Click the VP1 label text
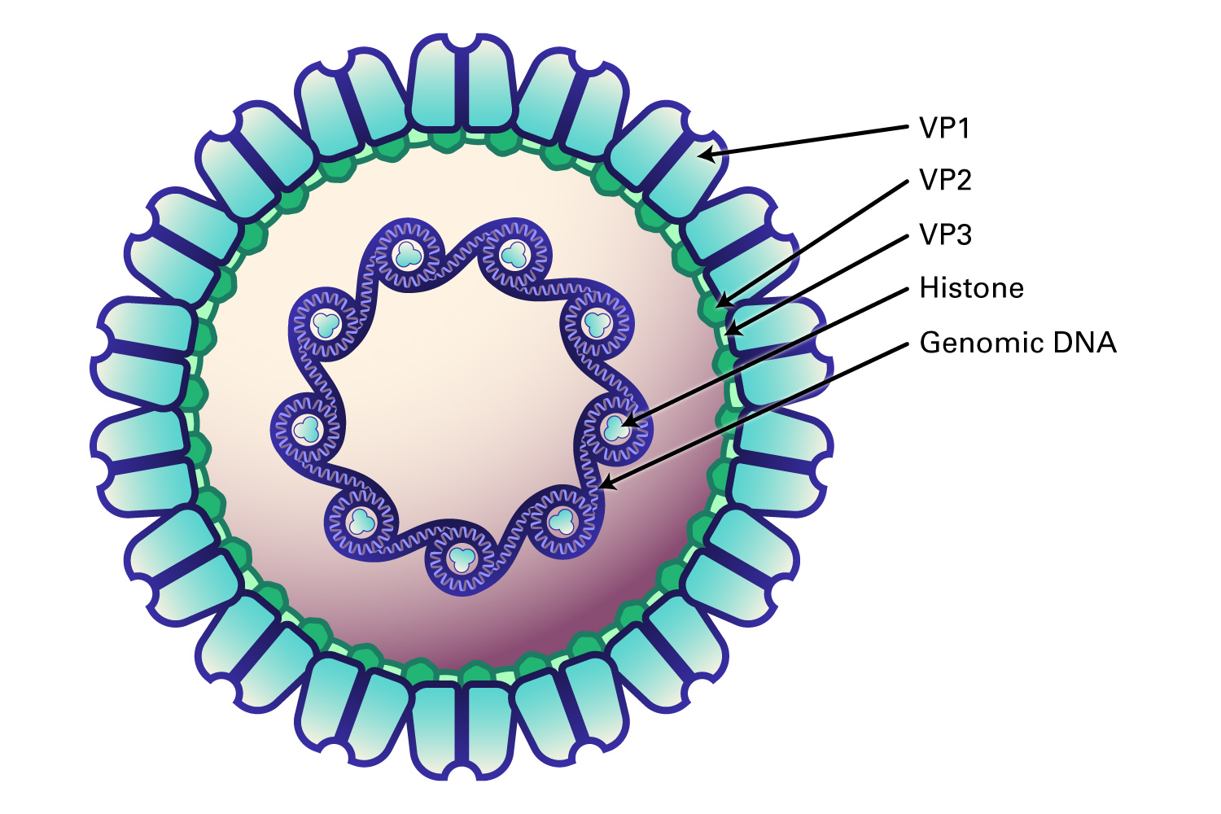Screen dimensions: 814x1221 944,128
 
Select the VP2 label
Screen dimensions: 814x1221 945,180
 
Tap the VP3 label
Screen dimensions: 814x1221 945,234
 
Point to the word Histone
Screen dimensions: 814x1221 971,288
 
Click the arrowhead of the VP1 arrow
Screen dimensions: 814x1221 705,154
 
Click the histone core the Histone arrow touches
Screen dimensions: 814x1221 615,428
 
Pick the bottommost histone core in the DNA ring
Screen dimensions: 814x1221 462,559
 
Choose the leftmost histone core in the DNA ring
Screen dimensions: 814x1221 308,428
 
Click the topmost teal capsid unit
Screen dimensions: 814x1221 462,81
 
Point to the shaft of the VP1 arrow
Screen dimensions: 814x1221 806,140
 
